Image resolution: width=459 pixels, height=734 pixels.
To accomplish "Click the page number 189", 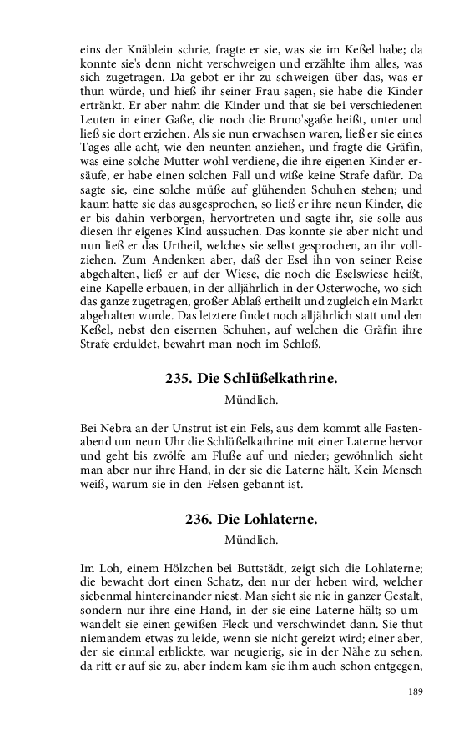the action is pyautogui.click(x=415, y=691).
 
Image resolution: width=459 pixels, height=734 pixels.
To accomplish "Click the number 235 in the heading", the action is pyautogui.click(x=179, y=379).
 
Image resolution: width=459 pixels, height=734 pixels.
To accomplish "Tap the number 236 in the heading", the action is pyautogui.click(x=199, y=519).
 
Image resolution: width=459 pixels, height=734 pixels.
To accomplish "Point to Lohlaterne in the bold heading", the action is pyautogui.click(x=279, y=519).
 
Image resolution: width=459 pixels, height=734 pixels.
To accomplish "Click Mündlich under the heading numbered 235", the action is pyautogui.click(x=251, y=400).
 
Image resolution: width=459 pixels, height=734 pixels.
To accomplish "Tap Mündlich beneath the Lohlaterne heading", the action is pyautogui.click(x=251, y=540).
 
